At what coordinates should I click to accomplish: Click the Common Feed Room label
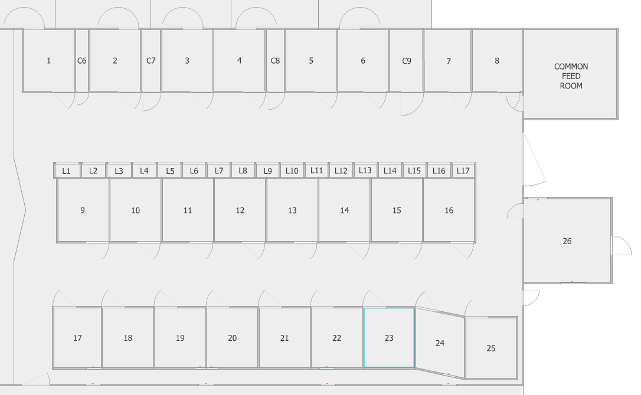point(571,76)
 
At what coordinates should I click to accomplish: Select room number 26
point(567,241)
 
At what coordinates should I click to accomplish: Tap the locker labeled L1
point(67,171)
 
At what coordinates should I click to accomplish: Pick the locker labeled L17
point(463,171)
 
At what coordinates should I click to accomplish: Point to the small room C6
point(82,61)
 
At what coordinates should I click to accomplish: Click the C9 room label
point(406,61)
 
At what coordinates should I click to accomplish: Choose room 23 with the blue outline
point(388,338)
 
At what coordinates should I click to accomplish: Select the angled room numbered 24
point(440,343)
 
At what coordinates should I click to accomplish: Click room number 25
point(491,348)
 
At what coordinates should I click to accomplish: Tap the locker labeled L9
point(267,171)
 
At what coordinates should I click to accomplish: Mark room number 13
point(292,210)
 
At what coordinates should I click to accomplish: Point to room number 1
point(49,61)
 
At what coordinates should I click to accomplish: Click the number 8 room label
point(497,61)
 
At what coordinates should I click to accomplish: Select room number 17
point(77,338)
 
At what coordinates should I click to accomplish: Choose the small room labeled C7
point(151,61)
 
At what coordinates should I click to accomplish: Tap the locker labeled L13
point(365,170)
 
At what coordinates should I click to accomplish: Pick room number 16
point(449,210)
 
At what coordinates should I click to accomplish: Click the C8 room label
point(275,61)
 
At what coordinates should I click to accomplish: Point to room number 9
point(83,210)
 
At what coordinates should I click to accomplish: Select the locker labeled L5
point(170,171)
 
